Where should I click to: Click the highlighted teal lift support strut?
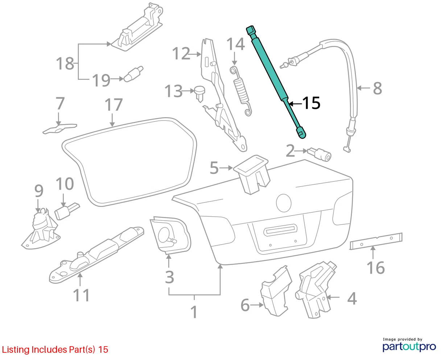pos(276,81)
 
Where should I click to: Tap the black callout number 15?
pos(311,103)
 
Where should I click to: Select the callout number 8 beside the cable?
pos(378,88)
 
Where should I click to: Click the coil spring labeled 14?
pos(241,91)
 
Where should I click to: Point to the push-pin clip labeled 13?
pos(200,93)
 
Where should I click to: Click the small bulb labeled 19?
pos(133,74)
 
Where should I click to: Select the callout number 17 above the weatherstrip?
pos(114,105)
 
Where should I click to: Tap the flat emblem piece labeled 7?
pos(60,129)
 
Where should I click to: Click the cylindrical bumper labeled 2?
pos(319,154)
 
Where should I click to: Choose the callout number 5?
pos(214,168)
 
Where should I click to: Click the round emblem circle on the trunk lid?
pos(284,203)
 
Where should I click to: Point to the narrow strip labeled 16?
pos(376,241)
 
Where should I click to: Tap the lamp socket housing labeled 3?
pos(170,235)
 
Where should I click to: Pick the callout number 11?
pos(82,295)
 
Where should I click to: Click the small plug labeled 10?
pos(67,211)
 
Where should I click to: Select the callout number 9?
pos(39,191)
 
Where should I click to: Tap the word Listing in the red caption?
pos(16,350)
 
